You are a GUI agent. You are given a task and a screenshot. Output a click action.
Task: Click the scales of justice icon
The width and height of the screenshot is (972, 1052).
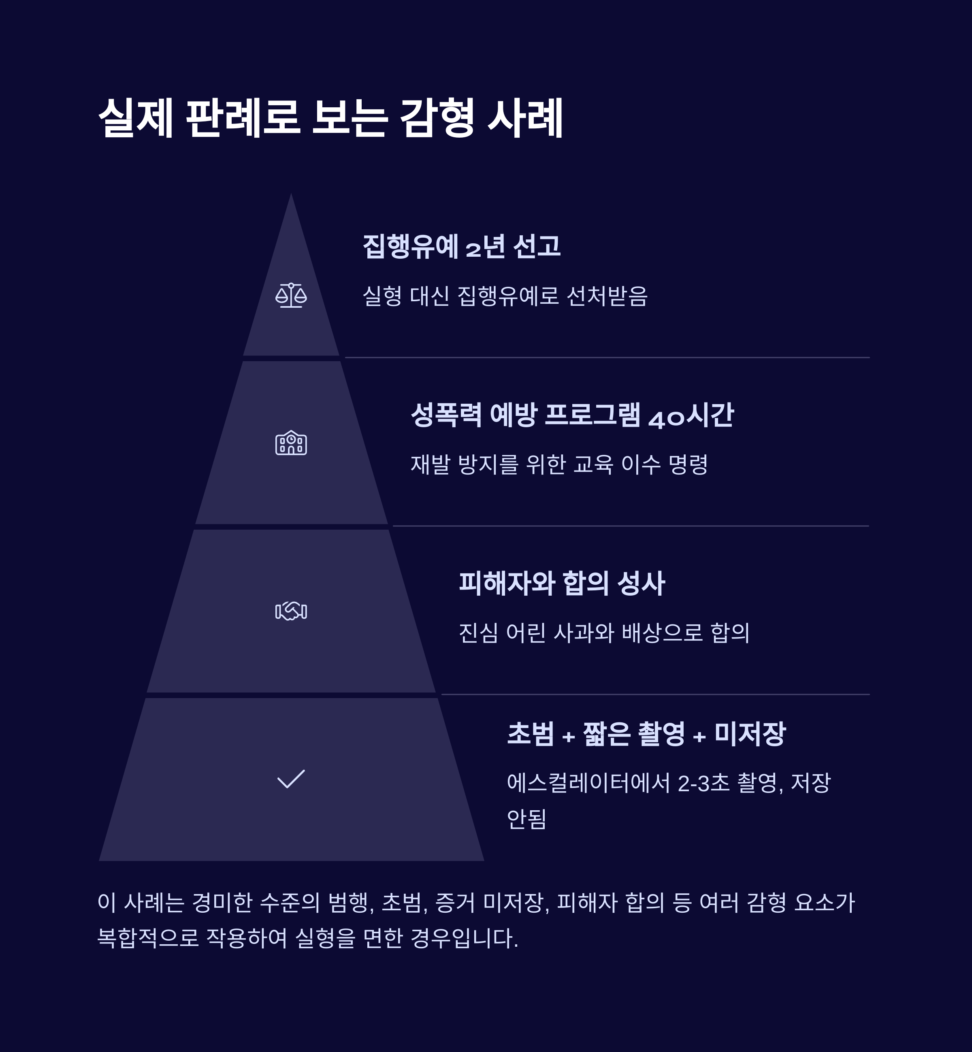point(291,296)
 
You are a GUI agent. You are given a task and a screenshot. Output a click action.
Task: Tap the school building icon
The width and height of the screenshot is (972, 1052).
point(291,443)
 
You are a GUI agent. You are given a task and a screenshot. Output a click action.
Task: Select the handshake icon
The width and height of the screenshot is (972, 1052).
point(291,611)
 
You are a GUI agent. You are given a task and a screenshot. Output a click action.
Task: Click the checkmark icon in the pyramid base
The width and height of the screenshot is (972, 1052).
point(291,779)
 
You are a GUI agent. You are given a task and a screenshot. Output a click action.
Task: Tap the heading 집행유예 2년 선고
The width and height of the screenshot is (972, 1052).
point(461,246)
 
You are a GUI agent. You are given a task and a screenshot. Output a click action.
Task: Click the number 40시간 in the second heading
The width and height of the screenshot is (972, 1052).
point(691,415)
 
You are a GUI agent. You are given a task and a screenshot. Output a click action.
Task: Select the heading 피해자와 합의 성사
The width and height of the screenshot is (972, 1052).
point(562,583)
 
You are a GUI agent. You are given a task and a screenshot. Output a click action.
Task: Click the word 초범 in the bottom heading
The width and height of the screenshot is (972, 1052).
point(530,734)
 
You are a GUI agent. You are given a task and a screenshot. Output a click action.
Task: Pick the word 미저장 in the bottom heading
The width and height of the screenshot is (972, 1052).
point(750,734)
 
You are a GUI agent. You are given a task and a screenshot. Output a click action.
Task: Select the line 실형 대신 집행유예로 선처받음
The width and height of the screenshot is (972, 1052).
point(505,296)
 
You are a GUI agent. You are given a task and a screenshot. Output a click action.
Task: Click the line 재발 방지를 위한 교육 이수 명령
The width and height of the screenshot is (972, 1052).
point(558,464)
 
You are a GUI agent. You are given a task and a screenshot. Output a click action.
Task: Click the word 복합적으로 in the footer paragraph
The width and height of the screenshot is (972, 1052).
point(148,938)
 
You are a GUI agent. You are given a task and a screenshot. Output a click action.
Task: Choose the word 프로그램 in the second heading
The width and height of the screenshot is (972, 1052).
point(592,415)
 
